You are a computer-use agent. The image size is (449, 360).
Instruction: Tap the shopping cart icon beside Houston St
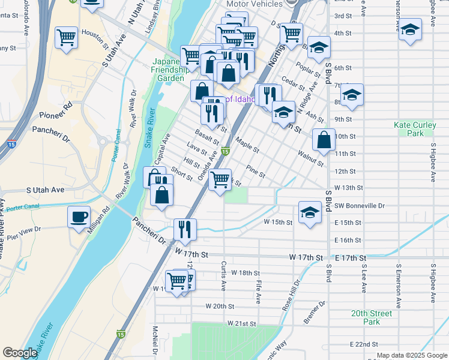pos(66,37)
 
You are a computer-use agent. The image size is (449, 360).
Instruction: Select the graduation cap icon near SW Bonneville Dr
pos(310,212)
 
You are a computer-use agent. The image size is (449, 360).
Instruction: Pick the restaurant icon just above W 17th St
pos(185,229)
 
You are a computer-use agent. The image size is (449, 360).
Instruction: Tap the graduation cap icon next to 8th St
pos(352,95)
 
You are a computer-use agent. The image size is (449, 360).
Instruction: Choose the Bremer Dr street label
pos(314,312)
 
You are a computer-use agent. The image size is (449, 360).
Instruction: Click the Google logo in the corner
pos(20,353)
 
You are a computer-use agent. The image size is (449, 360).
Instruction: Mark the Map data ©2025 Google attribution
pos(411,355)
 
